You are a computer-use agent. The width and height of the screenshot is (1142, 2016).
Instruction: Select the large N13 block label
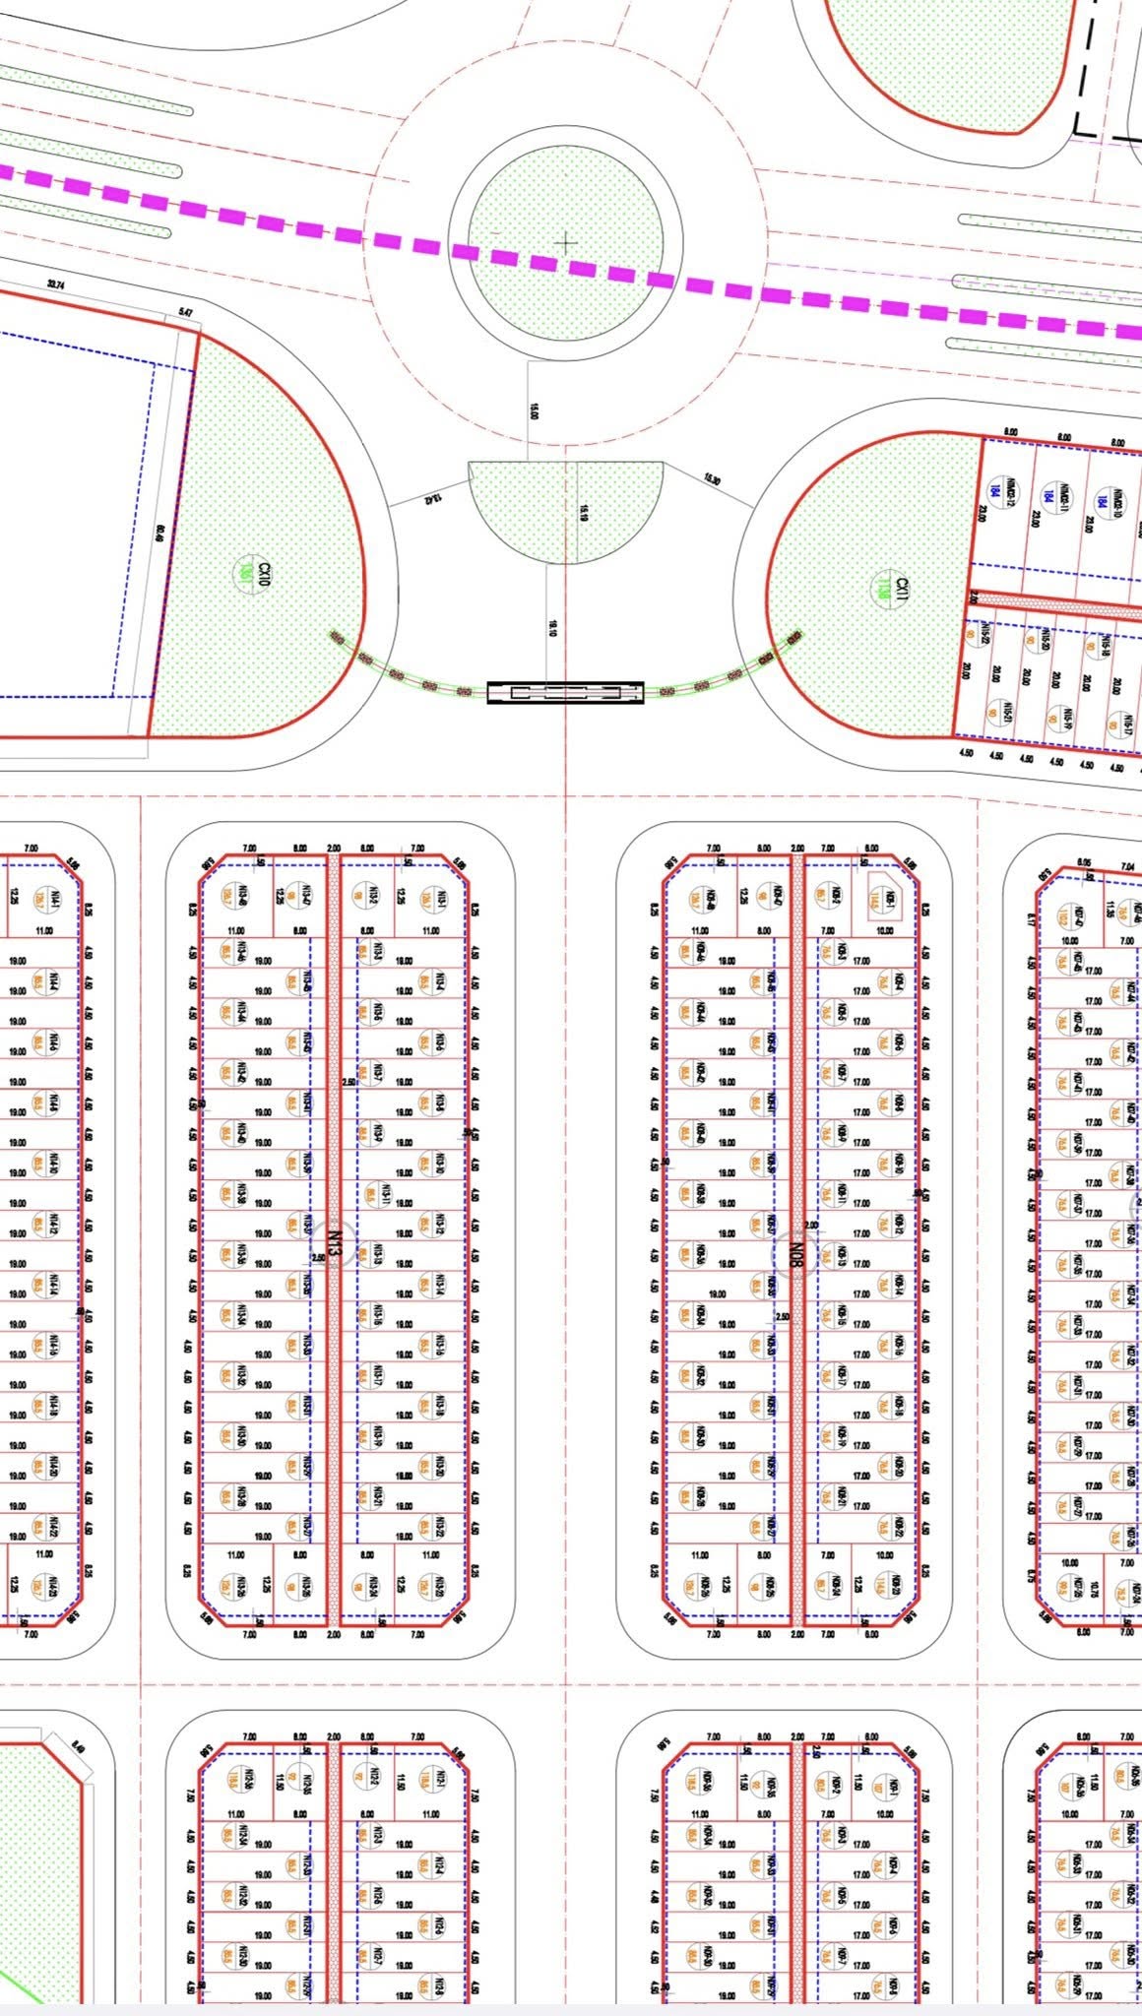pyautogui.click(x=334, y=1244)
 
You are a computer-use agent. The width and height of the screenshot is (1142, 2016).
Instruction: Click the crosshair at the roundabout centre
pyautogui.click(x=566, y=241)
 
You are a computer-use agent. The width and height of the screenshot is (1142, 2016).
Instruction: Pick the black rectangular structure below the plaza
pyautogui.click(x=565, y=693)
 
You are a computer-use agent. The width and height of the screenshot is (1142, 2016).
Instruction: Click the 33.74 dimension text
pyautogui.click(x=56, y=284)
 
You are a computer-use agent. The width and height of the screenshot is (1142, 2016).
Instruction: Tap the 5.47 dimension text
pyautogui.click(x=186, y=312)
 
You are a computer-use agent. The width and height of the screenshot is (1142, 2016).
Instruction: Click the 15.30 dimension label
pyautogui.click(x=711, y=480)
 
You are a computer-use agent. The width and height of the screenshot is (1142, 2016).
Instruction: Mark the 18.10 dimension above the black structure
pyautogui.click(x=552, y=628)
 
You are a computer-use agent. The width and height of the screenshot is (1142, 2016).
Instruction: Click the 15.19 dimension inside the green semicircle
pyautogui.click(x=583, y=512)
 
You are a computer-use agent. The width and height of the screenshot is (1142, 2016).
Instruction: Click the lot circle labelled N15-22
pyautogui.click(x=983, y=635)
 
